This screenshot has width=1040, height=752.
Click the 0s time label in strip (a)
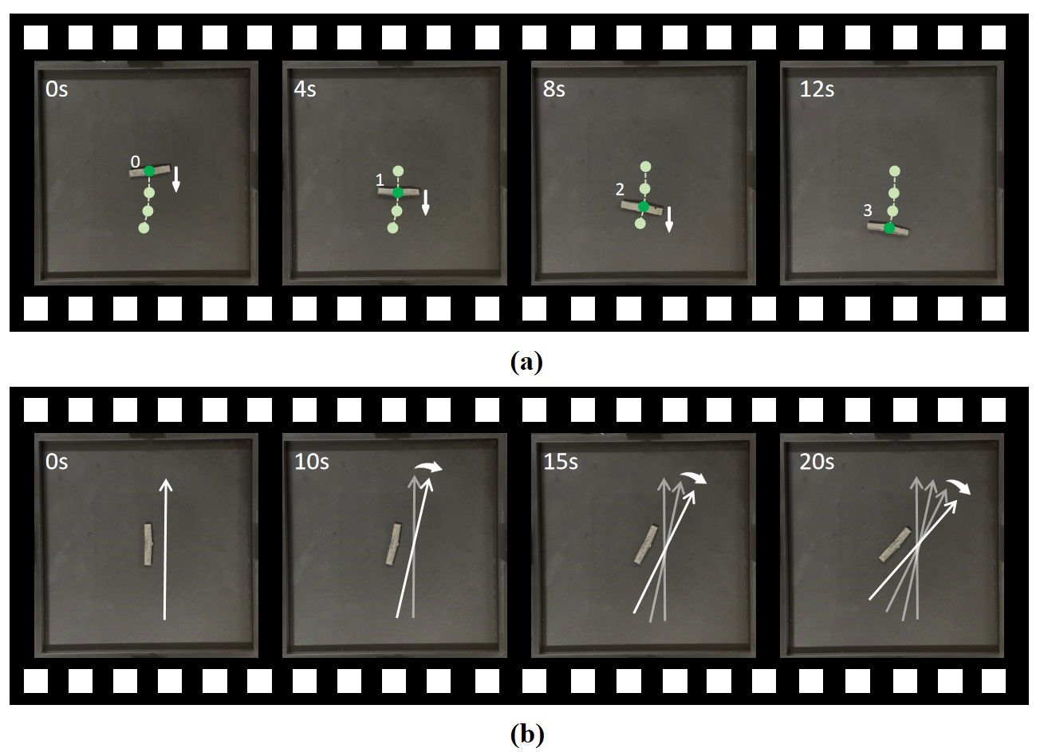[x=57, y=89]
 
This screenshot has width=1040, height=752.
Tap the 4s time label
[x=305, y=89]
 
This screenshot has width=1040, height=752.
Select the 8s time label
[x=553, y=89]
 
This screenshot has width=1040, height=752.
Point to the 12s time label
[x=817, y=89]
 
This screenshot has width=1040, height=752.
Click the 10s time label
[x=312, y=462]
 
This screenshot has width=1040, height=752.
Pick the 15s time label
[x=561, y=462]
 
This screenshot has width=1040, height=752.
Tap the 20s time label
[x=817, y=462]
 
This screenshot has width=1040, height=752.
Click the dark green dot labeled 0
[x=149, y=171]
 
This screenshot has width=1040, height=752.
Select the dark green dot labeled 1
[x=397, y=193]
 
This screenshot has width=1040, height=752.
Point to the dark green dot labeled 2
[x=643, y=207]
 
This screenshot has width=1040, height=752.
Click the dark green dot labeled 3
[x=889, y=228]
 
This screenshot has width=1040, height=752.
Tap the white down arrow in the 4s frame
[x=425, y=203]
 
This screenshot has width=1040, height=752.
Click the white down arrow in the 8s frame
[x=669, y=219]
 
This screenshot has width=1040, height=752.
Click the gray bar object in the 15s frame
[x=646, y=545]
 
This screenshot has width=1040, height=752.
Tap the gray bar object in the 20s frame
[x=895, y=545]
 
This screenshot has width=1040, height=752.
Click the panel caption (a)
[x=526, y=361]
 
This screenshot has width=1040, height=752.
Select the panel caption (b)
[x=526, y=734]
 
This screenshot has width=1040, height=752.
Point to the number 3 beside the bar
[x=867, y=211]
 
